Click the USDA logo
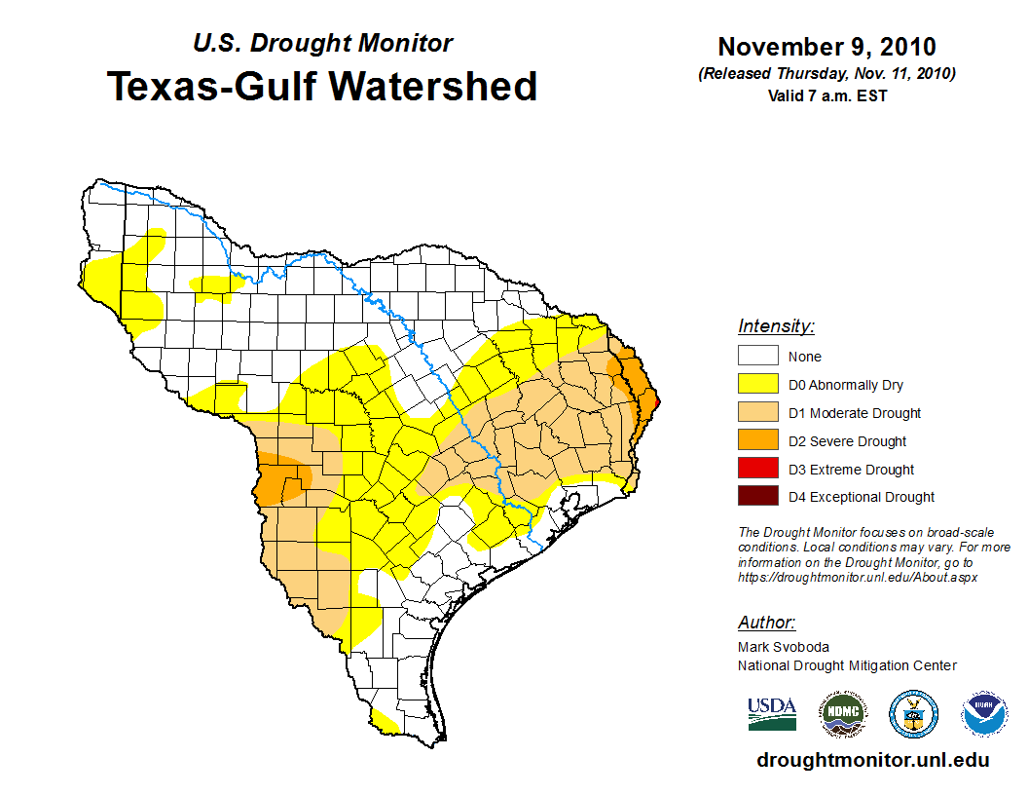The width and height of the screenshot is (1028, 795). (x=772, y=713)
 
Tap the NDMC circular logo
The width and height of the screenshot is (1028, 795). (x=842, y=714)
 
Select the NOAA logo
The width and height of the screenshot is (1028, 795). (x=984, y=714)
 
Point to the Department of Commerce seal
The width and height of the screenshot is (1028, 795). (x=913, y=714)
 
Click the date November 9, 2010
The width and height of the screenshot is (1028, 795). (x=826, y=47)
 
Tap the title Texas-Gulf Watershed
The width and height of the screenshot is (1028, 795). (x=321, y=86)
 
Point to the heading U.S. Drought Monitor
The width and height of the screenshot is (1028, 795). (x=322, y=44)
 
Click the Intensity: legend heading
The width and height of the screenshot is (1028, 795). (x=776, y=326)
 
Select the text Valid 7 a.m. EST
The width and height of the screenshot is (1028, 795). (x=826, y=95)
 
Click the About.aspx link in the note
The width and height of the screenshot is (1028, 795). (x=935, y=577)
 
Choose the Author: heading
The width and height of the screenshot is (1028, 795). (x=766, y=623)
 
